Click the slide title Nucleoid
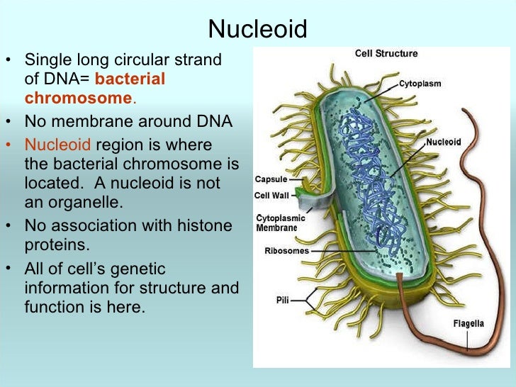[x=258, y=29]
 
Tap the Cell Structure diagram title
[x=386, y=53]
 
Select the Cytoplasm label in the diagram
[x=420, y=84]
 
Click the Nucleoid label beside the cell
[x=443, y=142]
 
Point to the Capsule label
[x=270, y=179]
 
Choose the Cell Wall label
[x=272, y=196]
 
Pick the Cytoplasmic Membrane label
[x=276, y=223]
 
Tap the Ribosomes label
[x=286, y=250]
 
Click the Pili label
[x=282, y=300]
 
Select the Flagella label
[x=469, y=324]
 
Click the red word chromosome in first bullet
[x=78, y=98]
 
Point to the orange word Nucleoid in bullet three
[x=57, y=145]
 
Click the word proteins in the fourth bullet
[x=54, y=245]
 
